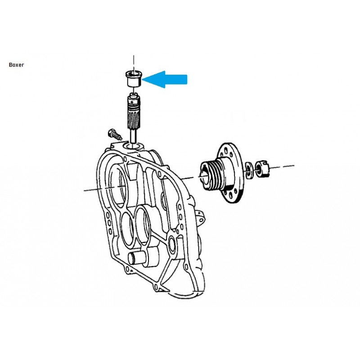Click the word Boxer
click(x=16, y=65)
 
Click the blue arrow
click(x=165, y=79)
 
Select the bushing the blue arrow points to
click(x=133, y=78)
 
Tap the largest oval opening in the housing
click(x=117, y=185)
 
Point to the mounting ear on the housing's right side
click(x=200, y=217)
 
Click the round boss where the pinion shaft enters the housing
click(x=133, y=146)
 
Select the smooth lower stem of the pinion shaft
click(x=133, y=136)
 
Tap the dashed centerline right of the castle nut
click(x=282, y=166)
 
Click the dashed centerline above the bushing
click(x=134, y=63)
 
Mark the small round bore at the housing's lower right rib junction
click(x=172, y=243)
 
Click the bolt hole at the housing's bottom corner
click(x=156, y=287)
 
